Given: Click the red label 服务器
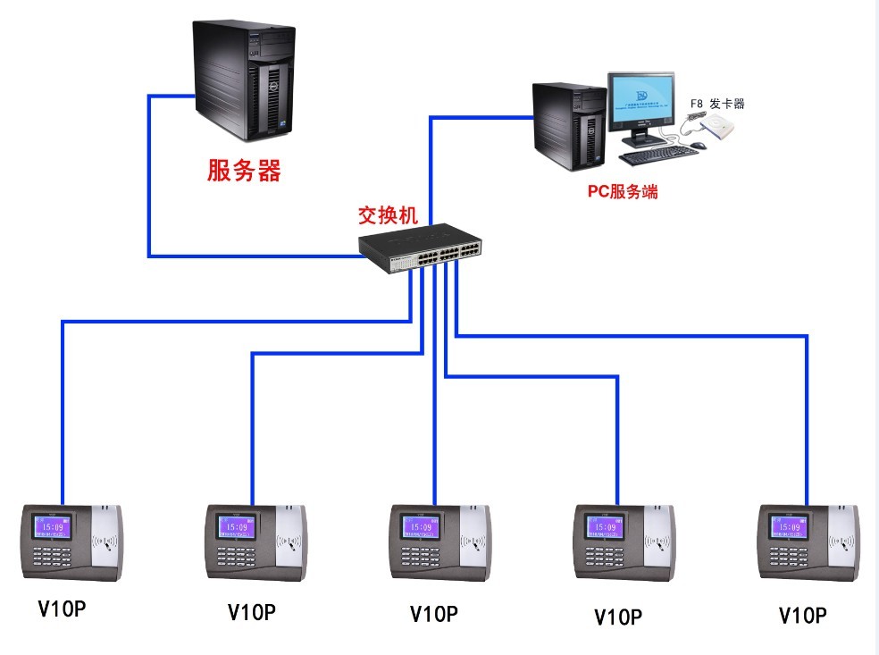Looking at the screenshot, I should [244, 171].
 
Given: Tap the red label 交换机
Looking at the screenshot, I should [388, 215].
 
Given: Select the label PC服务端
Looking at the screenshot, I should [622, 191].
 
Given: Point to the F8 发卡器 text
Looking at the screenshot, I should [716, 104].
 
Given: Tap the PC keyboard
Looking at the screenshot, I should [658, 156].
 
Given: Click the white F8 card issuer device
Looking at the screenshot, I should [720, 131].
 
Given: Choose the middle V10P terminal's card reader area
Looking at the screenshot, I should [473, 542].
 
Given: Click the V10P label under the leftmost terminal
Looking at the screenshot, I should [62, 609].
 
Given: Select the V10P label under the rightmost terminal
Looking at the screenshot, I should [802, 615].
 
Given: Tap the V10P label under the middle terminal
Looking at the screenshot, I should [433, 614].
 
